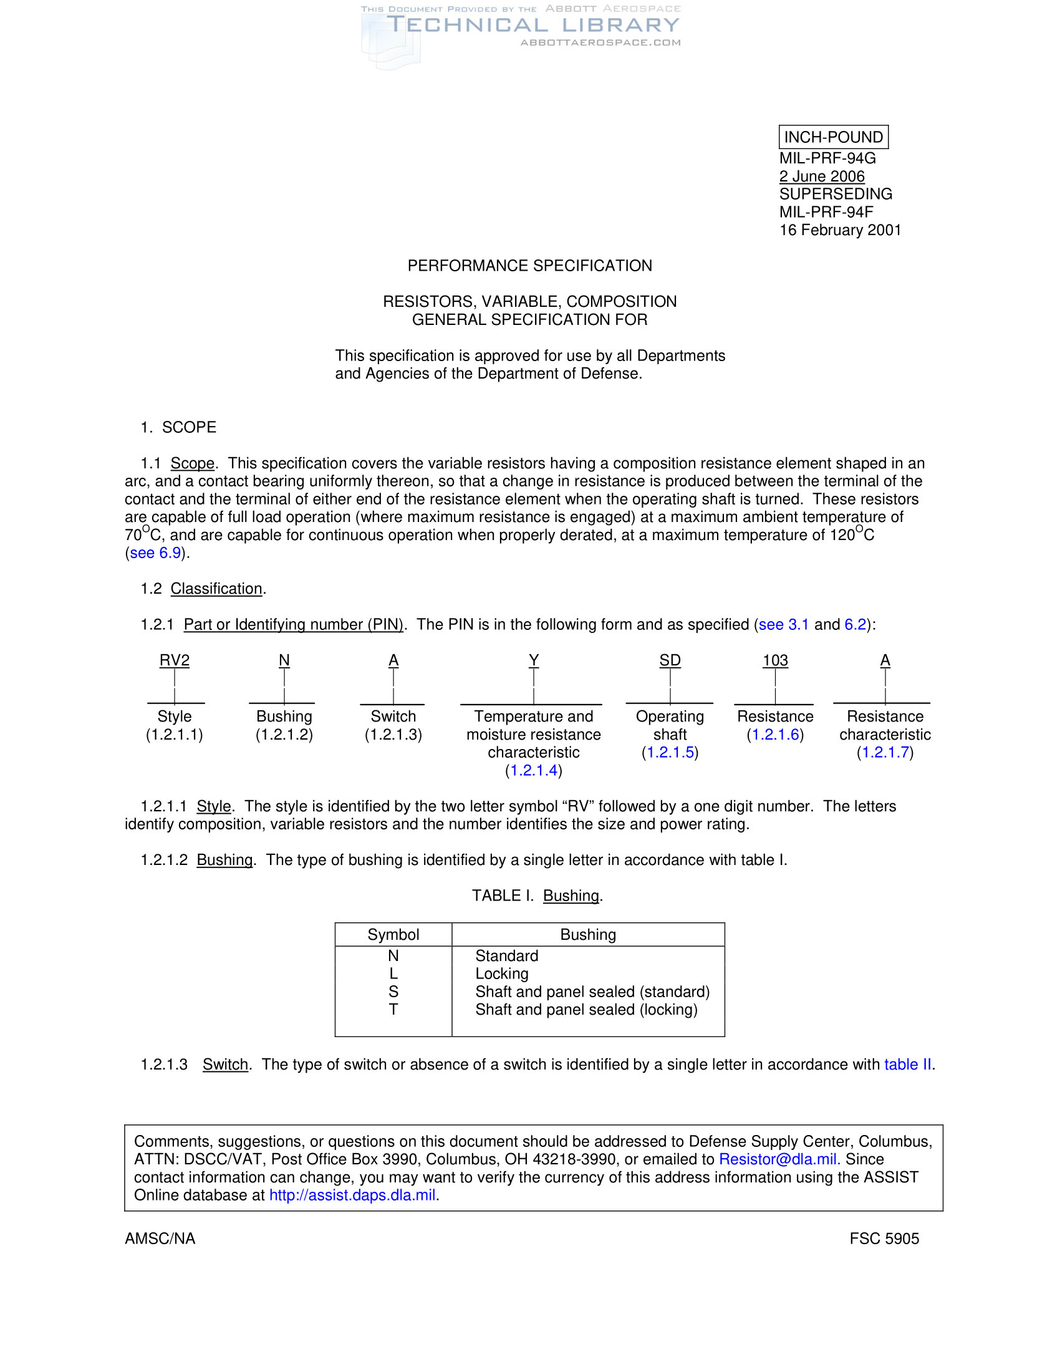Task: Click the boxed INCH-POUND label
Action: pos(832,137)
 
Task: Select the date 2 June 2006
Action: pos(821,176)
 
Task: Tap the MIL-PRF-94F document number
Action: pos(826,212)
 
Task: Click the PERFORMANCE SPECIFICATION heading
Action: pos(529,266)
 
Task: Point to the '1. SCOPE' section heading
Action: pos(178,427)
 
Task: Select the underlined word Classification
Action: pos(216,589)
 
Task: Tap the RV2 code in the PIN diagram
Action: pos(175,660)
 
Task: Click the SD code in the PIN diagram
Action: pos(670,660)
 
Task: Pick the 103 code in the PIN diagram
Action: pos(775,660)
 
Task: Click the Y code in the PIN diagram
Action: pos(533,660)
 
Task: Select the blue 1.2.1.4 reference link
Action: pos(533,770)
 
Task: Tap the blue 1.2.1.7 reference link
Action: pos(885,752)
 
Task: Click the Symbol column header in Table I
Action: pos(393,934)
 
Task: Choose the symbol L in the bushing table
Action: pos(393,973)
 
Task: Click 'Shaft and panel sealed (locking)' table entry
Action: pos(586,1009)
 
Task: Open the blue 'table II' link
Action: pos(907,1064)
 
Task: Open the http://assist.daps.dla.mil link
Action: pos(352,1195)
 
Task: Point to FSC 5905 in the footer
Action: pos(884,1238)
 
